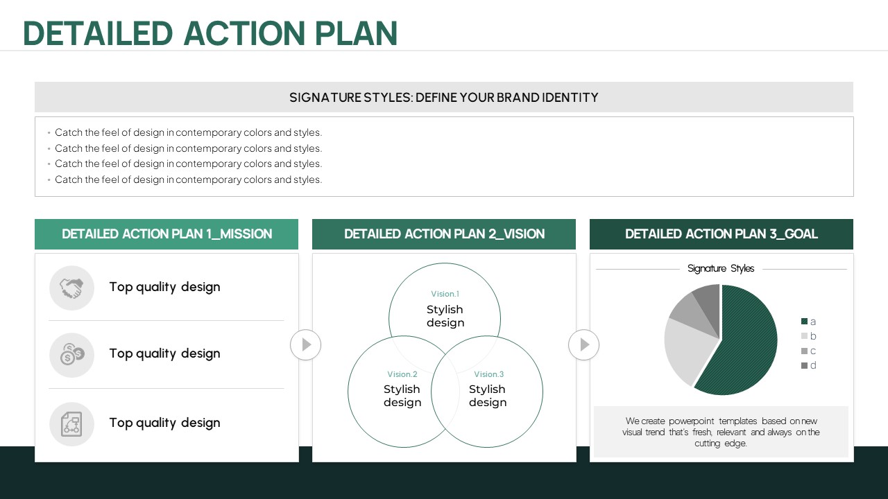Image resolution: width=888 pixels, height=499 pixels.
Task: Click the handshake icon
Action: coord(71,288)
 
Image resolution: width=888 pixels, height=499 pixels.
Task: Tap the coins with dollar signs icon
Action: coord(71,354)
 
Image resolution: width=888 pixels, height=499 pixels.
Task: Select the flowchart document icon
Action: coord(71,424)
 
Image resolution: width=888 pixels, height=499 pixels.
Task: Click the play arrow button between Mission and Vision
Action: coord(306,344)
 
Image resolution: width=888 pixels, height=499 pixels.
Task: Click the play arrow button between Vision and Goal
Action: coord(584,344)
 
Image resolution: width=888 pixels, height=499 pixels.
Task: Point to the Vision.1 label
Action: coord(445,294)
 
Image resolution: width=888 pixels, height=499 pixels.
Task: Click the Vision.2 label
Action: coord(402,374)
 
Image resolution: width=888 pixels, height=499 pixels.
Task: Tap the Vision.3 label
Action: coord(489,374)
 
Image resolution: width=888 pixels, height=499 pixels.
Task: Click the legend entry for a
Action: coord(808,322)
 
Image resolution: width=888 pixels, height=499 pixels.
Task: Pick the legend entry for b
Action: coord(808,336)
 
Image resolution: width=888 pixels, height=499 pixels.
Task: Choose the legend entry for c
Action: coord(808,351)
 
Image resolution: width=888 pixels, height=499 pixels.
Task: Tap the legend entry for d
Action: coord(808,365)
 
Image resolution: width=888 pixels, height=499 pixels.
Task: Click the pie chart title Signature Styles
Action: coord(721,268)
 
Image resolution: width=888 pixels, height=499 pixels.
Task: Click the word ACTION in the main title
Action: coord(244,33)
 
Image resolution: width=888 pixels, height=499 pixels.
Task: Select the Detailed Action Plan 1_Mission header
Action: coord(166,234)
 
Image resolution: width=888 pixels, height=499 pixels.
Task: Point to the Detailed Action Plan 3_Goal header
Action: coord(721,234)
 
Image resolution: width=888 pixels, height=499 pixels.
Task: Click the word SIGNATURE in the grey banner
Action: coord(325,98)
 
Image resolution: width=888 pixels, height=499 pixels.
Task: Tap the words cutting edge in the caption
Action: coord(721,443)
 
